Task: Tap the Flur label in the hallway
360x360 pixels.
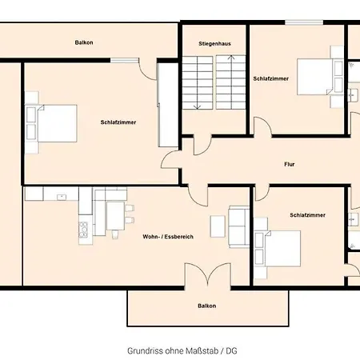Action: click(289, 165)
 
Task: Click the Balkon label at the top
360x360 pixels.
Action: click(84, 42)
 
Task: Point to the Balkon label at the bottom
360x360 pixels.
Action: click(206, 306)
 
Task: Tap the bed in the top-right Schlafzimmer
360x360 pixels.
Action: click(316, 78)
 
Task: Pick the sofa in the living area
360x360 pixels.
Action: click(238, 224)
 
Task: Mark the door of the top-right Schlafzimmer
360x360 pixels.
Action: click(262, 128)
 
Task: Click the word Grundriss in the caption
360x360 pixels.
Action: click(144, 350)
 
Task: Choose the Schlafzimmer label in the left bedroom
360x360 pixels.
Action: click(118, 122)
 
